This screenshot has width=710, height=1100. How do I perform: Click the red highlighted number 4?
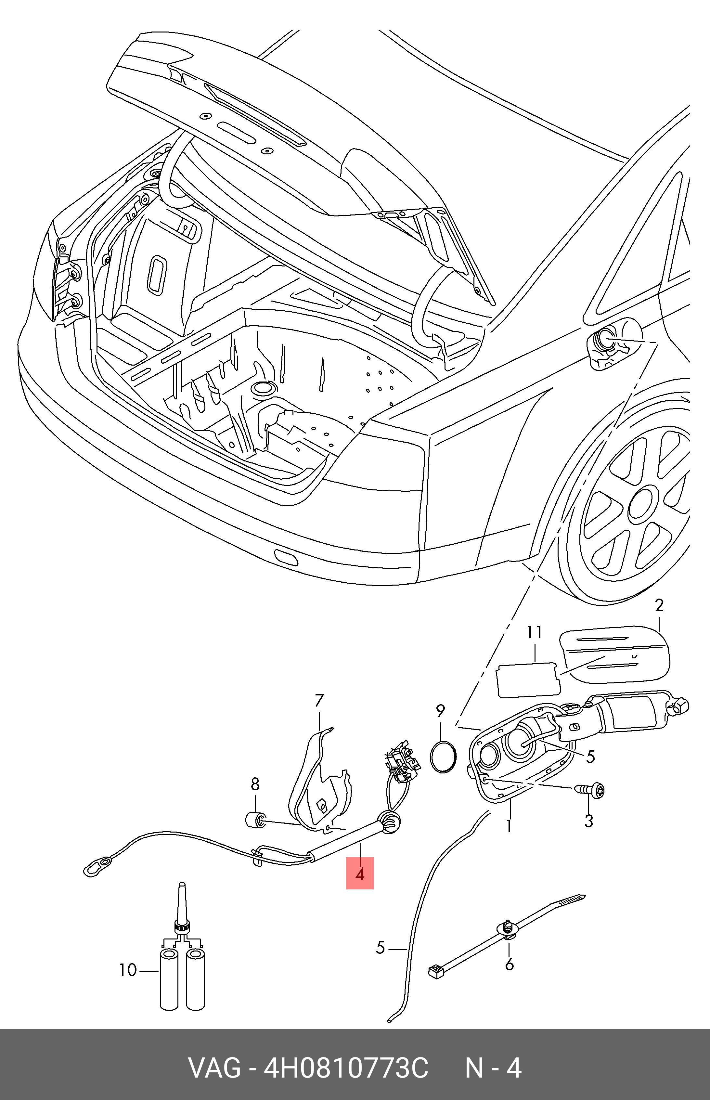click(360, 873)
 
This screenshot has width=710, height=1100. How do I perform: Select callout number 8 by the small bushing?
click(255, 784)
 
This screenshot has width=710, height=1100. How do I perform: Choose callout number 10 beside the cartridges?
click(128, 970)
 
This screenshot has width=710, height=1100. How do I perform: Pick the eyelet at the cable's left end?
click(98, 866)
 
